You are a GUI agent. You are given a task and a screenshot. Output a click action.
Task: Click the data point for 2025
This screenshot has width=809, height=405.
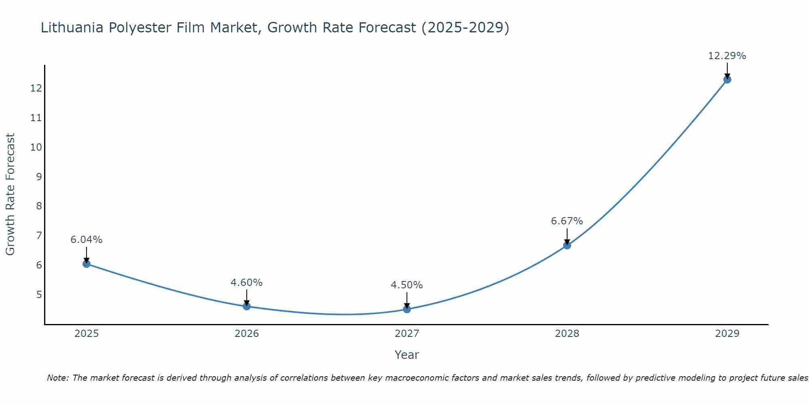(87, 264)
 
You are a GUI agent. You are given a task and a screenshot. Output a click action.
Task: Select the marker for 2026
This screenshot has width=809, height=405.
(247, 306)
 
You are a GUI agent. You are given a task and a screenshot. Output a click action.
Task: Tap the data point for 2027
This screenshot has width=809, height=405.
(407, 309)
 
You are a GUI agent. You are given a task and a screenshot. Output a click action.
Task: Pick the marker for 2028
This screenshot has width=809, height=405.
(567, 245)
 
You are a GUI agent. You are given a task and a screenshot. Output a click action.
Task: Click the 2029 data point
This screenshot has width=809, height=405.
(727, 79)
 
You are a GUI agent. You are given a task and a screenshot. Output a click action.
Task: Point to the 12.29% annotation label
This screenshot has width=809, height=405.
(727, 56)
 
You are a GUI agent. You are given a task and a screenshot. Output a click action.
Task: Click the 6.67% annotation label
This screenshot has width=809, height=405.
(567, 221)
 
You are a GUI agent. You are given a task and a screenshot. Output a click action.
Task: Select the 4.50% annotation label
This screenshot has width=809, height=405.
(407, 285)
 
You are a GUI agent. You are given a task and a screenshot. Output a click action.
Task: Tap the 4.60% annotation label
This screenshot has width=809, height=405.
(246, 283)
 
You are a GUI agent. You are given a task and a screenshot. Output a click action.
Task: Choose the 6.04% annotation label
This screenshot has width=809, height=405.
(86, 240)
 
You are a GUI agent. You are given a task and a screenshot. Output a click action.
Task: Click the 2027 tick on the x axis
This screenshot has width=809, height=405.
(407, 334)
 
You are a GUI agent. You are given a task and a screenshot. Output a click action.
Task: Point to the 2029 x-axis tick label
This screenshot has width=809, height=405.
(727, 334)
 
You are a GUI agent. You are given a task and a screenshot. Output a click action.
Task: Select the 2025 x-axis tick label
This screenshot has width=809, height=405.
(87, 334)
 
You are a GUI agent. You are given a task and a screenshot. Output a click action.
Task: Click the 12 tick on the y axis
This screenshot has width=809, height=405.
(36, 88)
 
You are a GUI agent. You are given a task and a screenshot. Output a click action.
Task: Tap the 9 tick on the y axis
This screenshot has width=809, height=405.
(39, 177)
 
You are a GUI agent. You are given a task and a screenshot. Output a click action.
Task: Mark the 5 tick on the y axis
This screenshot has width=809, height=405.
(39, 294)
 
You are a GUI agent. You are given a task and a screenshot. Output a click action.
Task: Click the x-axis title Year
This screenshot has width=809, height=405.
(407, 355)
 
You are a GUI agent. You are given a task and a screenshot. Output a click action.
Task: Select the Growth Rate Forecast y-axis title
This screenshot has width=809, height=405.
(10, 194)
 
